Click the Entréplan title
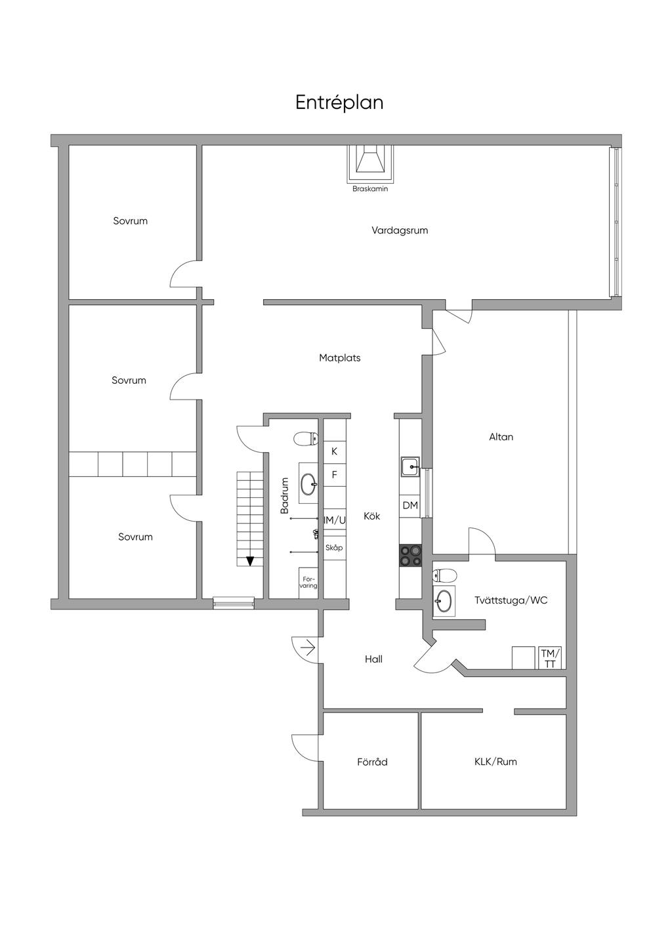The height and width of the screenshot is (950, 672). click(x=339, y=103)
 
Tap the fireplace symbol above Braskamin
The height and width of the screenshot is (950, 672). click(x=370, y=164)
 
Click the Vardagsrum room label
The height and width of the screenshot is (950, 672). click(x=400, y=231)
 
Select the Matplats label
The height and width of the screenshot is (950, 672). click(x=340, y=358)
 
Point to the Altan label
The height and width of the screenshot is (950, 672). click(x=501, y=437)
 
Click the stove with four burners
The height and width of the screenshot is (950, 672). click(x=410, y=555)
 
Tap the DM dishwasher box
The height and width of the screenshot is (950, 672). click(x=410, y=506)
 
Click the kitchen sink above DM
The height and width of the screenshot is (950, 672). click(x=410, y=467)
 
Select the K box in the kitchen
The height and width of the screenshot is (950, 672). click(x=334, y=451)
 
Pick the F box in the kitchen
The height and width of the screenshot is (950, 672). click(x=334, y=474)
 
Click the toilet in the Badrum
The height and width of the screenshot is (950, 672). click(x=306, y=438)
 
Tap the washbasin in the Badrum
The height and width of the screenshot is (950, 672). click(x=308, y=483)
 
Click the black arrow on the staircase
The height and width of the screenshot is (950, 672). click(x=250, y=561)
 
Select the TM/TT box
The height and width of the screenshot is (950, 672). click(x=550, y=658)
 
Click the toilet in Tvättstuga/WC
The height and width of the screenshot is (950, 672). click(x=444, y=575)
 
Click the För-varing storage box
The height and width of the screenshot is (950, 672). click(x=308, y=583)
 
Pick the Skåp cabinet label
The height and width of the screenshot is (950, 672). click(x=334, y=548)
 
